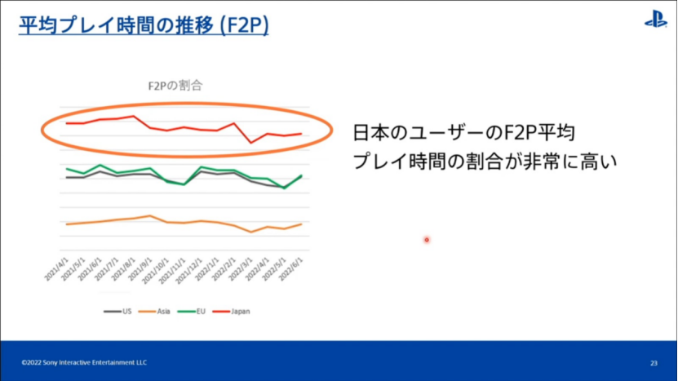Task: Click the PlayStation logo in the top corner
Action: tap(655, 20)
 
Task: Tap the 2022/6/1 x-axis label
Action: tap(292, 270)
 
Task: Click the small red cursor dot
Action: tap(427, 240)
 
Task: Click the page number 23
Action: tap(654, 362)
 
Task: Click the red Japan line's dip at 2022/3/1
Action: tap(251, 143)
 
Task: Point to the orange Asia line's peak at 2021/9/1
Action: tap(150, 215)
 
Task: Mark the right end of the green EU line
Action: tap(302, 175)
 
